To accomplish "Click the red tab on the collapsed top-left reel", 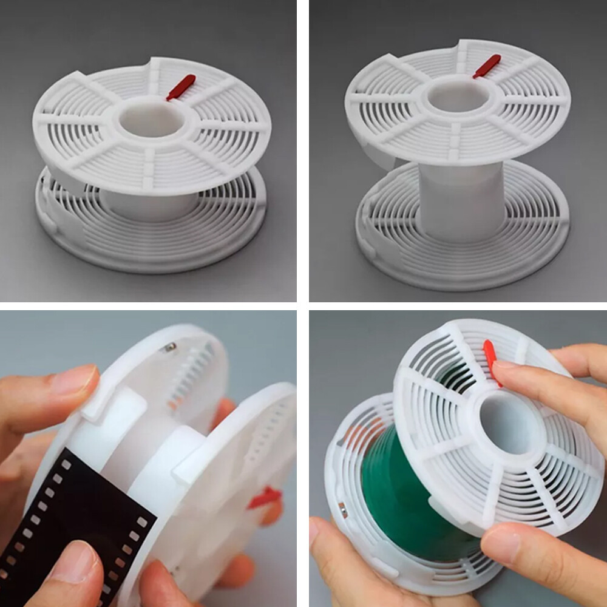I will tap(181, 87).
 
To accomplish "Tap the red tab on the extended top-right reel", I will tap(487, 66).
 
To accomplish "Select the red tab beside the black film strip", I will tap(265, 498).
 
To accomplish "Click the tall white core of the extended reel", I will tap(461, 200).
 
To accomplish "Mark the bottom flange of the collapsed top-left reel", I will tap(152, 243).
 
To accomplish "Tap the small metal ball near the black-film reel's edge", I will tap(170, 347).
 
